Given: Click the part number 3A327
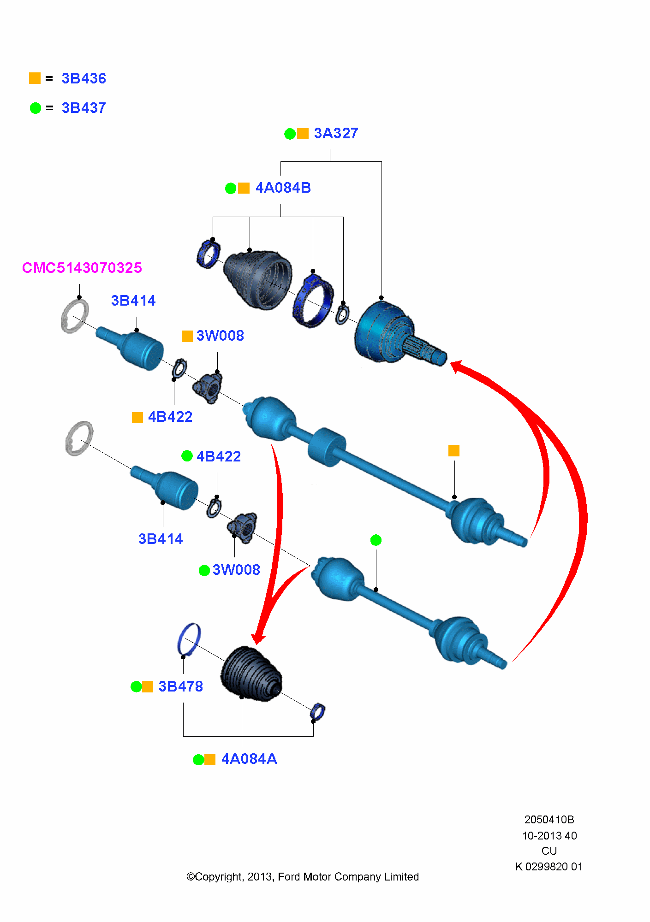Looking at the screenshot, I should pos(336,133).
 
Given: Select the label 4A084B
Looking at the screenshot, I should pos(283,188).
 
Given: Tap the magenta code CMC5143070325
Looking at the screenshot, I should pos(82,268).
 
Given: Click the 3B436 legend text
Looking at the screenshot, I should pos(83,79).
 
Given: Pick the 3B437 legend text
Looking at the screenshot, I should pos(83,108).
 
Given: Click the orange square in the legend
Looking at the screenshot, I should pos(35,78).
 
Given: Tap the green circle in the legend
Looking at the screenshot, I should pos(36,108).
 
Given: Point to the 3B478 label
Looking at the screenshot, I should pos(180,686).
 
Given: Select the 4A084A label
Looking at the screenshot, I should pos(249,759).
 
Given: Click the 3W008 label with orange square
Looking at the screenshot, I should pos(220,336).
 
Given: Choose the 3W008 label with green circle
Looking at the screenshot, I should pos(236,570).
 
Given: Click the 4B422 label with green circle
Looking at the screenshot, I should pos(219,456).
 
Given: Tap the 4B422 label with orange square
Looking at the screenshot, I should pos(170,417).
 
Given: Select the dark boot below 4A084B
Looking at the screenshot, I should pos(258,279).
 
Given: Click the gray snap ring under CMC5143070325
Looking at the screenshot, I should pos(74,316).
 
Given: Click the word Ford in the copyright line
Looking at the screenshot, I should pos(289,877).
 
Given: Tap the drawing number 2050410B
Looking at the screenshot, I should pos(549,820).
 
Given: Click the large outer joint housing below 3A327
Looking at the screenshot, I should pos(383,332).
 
